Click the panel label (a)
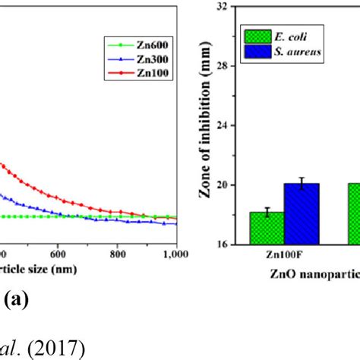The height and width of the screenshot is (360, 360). click(16, 300)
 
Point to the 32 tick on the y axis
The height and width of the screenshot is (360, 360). click(223, 7)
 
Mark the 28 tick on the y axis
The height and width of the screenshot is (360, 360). click(223, 66)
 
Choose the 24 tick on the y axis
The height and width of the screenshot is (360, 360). click(223, 125)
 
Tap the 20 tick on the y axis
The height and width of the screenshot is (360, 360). click(223, 185)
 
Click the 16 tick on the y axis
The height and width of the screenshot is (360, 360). click(223, 244)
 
